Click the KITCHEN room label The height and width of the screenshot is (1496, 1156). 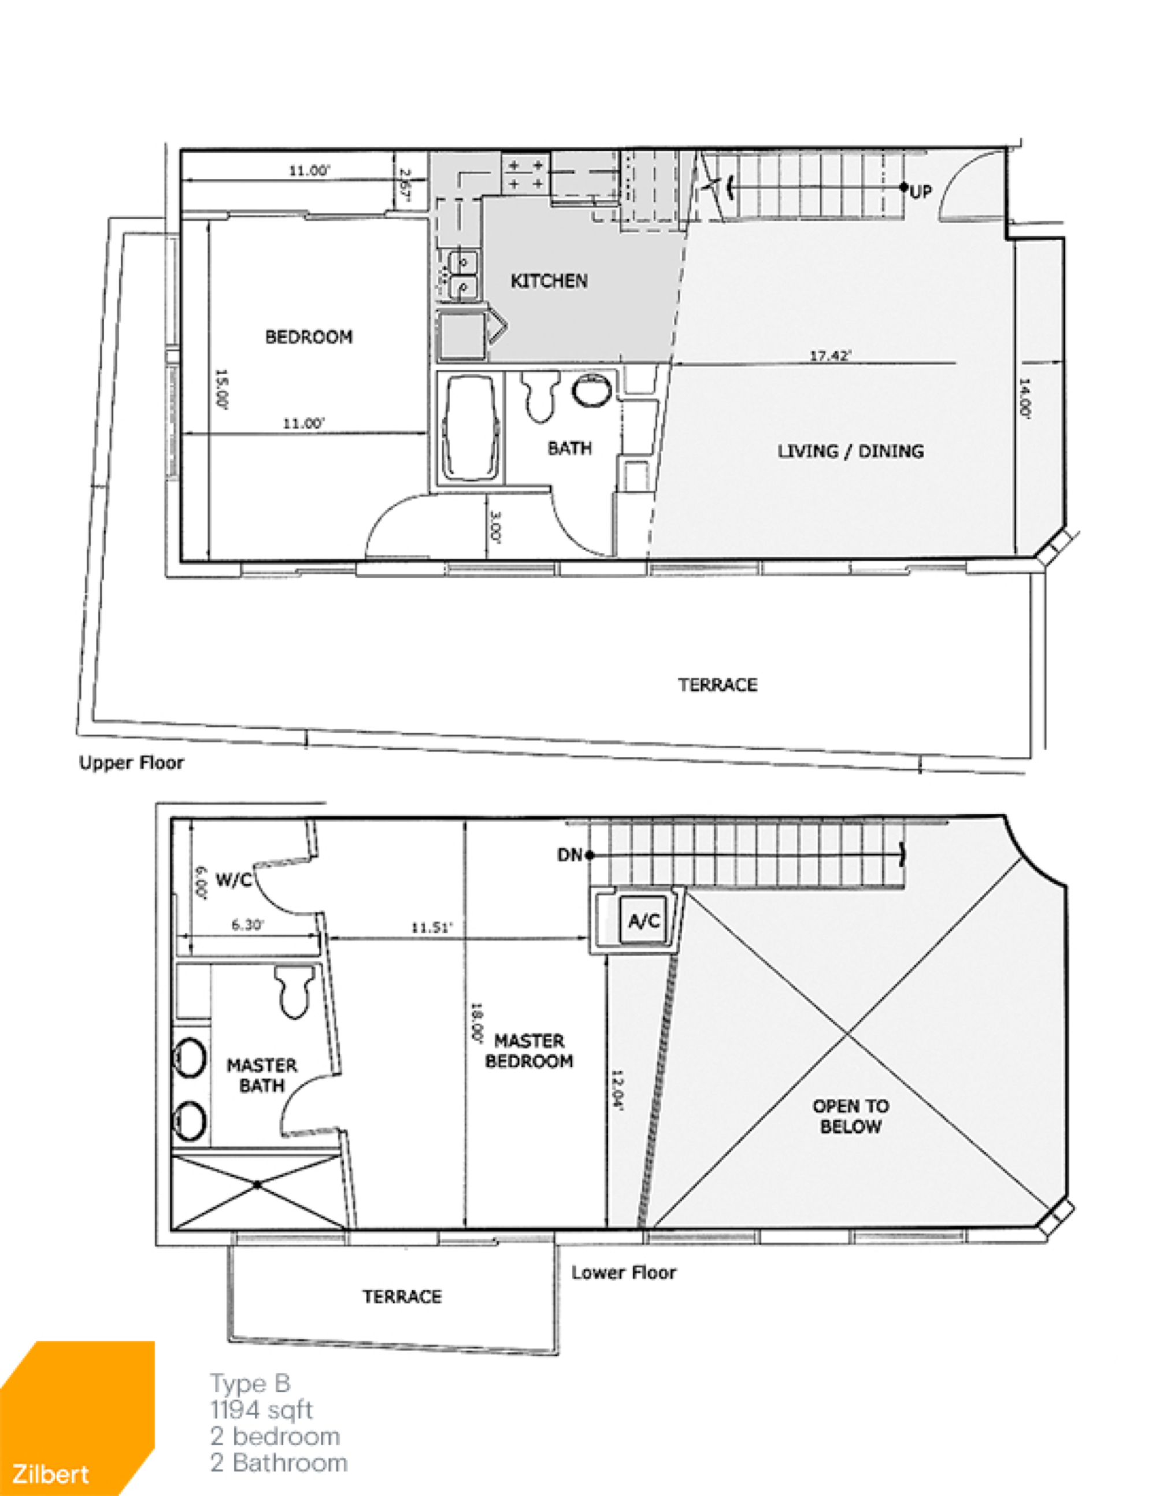549,281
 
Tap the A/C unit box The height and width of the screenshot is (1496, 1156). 644,921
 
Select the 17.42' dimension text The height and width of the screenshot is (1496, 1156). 830,356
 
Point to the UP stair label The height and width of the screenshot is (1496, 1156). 921,191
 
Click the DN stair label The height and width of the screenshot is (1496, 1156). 569,855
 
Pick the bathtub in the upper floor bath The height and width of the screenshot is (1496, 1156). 470,428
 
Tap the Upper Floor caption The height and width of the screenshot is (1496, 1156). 131,762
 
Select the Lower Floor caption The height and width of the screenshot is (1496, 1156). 624,1272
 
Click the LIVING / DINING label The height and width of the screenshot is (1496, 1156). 851,451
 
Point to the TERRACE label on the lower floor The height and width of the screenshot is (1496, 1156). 402,1296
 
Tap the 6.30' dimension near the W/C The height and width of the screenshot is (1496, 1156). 247,925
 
